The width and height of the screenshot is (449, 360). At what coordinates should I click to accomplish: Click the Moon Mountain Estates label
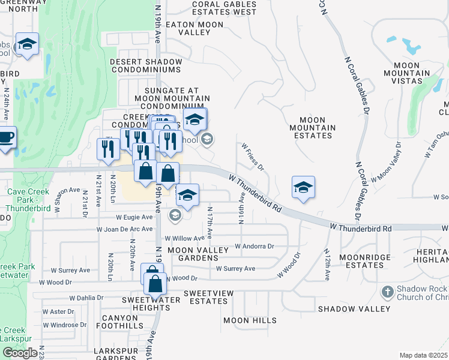click(x=312, y=127)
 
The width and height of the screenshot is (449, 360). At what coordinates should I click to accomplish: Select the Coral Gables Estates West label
click(x=224, y=8)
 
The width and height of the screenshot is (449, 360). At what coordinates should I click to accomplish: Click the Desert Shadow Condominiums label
click(x=154, y=65)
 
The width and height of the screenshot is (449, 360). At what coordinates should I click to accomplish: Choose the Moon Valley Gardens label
click(x=198, y=254)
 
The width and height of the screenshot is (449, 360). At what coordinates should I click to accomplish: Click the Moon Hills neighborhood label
click(x=250, y=321)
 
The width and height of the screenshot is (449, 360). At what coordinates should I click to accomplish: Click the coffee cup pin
click(x=6, y=137)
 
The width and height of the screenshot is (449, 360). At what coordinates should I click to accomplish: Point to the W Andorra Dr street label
click(x=254, y=246)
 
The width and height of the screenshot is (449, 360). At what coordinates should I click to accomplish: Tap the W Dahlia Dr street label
click(x=86, y=297)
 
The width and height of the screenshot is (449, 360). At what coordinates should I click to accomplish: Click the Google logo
click(x=20, y=353)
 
